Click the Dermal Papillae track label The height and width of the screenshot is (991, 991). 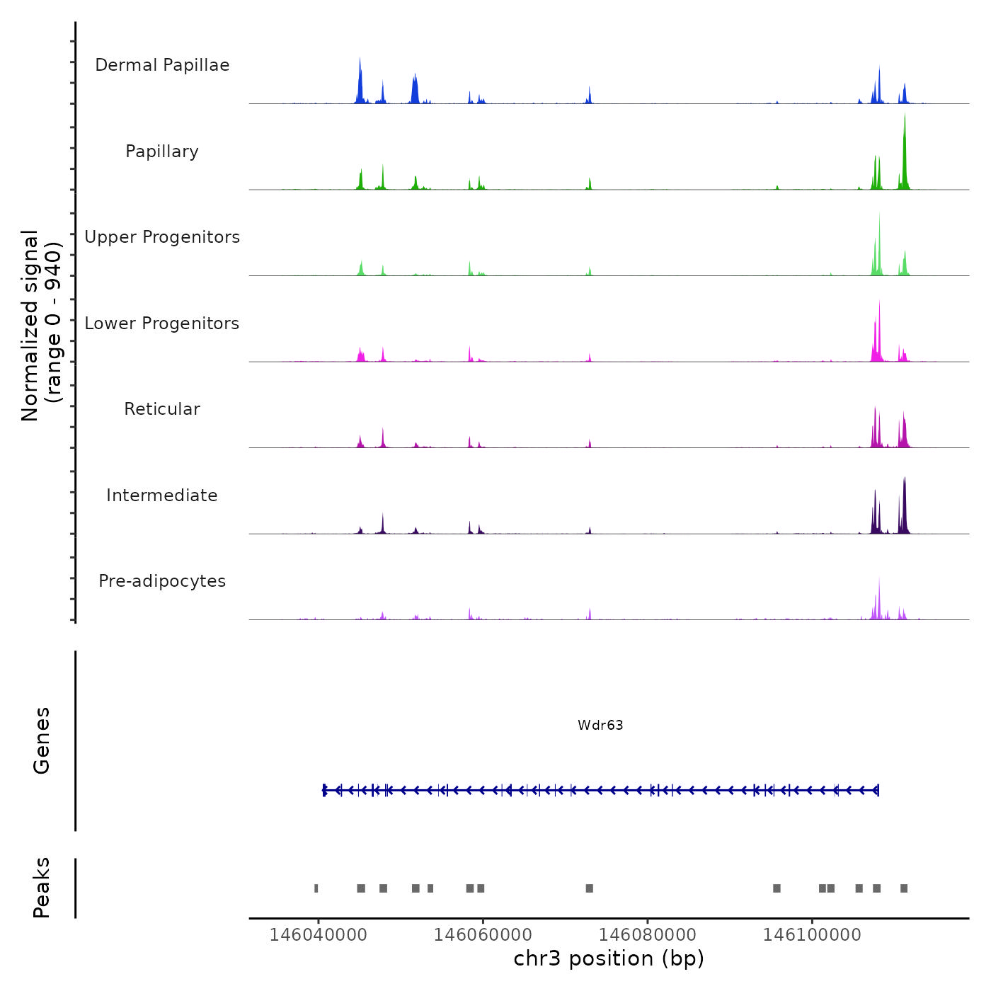pyautogui.click(x=162, y=65)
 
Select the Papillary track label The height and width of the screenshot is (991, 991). pyautogui.click(x=162, y=151)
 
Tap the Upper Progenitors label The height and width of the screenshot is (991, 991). pyautogui.click(x=162, y=237)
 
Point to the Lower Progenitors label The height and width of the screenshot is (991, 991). pyautogui.click(x=162, y=323)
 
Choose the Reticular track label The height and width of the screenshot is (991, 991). pyautogui.click(x=162, y=409)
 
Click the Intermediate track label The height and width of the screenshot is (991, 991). pyautogui.click(x=162, y=495)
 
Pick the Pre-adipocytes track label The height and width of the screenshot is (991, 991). pyautogui.click(x=162, y=581)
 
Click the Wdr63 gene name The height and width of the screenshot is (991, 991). pyautogui.click(x=600, y=725)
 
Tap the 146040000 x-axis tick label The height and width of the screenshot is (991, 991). pyautogui.click(x=319, y=935)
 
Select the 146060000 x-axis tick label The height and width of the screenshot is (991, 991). pyautogui.click(x=483, y=935)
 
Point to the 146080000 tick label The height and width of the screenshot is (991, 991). pyautogui.click(x=648, y=935)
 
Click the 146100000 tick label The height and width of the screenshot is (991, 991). pyautogui.click(x=812, y=935)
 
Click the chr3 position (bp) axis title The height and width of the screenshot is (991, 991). pyautogui.click(x=609, y=958)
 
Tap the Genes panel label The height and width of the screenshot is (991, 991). pyautogui.click(x=42, y=740)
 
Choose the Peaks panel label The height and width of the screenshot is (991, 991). pyautogui.click(x=42, y=888)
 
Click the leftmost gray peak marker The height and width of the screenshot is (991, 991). pyautogui.click(x=316, y=888)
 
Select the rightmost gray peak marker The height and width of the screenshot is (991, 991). pyautogui.click(x=904, y=888)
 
